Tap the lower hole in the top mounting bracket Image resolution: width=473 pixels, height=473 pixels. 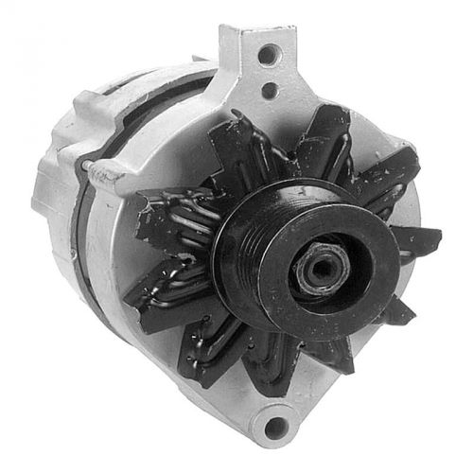coord(270,91)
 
